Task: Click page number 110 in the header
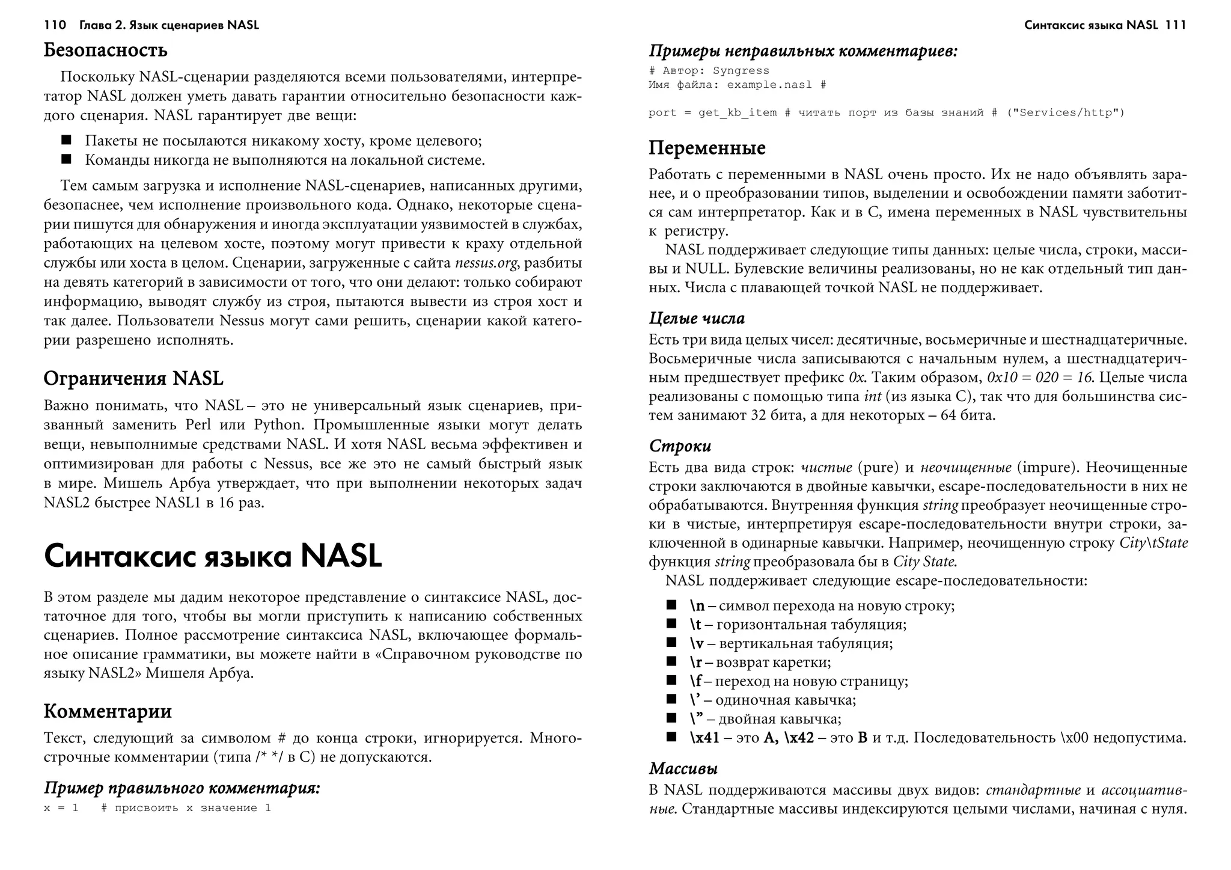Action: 55,25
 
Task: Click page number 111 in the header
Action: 1175,25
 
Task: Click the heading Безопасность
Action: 105,50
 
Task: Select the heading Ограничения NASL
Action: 133,378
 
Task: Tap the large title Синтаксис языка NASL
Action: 213,556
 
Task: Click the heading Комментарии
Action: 108,711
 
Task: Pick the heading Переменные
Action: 707,148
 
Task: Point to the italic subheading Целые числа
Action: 697,319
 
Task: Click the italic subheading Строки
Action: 680,446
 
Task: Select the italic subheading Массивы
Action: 683,768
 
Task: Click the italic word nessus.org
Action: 487,263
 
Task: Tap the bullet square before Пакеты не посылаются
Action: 66,141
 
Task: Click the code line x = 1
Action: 61,808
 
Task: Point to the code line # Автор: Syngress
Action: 709,71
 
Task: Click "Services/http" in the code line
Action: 1065,113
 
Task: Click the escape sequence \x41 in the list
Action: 704,738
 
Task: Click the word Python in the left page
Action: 277,425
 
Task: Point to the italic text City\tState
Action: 1153,543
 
